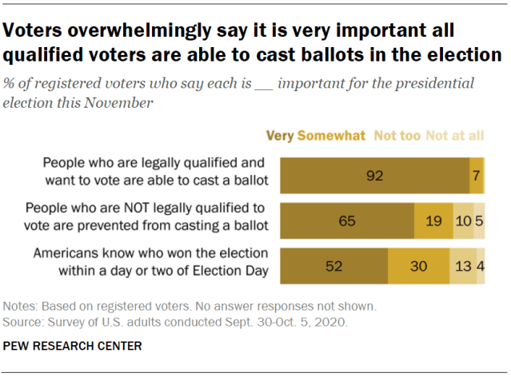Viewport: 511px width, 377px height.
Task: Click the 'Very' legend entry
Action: (x=280, y=136)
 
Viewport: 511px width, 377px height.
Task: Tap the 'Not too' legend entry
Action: (x=397, y=136)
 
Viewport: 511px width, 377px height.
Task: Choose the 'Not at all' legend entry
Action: (x=455, y=136)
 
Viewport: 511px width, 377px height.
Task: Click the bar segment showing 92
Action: (x=376, y=175)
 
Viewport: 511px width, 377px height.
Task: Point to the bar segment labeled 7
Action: (x=476, y=175)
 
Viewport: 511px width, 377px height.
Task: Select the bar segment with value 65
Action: (x=347, y=220)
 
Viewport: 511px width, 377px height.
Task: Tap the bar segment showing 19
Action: (x=433, y=220)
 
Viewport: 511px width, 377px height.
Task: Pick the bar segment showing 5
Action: (x=479, y=220)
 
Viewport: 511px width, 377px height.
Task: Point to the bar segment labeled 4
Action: (x=480, y=266)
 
